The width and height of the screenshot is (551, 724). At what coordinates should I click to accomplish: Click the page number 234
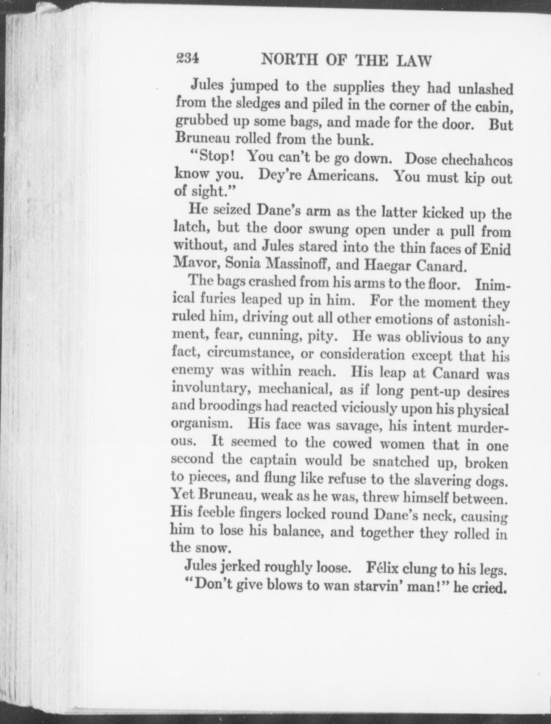[x=187, y=59]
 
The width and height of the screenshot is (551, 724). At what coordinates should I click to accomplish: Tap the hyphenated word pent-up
[x=439, y=391]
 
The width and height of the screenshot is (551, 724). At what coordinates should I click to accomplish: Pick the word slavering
[x=444, y=480]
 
